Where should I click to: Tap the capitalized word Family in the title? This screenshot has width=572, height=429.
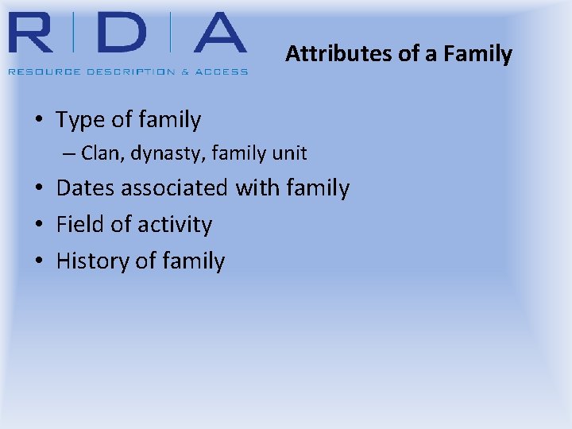pos(479,54)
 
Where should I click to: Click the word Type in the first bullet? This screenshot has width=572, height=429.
pos(79,120)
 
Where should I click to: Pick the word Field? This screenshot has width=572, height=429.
pos(79,225)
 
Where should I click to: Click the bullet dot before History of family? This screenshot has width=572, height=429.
pos(39,261)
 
